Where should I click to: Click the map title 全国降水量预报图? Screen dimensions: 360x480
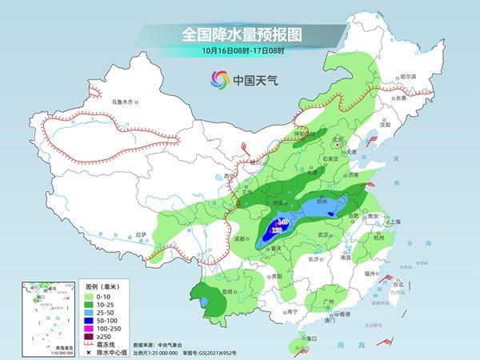[x=239, y=35]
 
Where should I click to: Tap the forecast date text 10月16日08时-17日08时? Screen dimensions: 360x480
[x=239, y=53]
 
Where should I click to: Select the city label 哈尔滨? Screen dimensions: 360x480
[x=408, y=76]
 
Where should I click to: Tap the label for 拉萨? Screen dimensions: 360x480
[x=142, y=234]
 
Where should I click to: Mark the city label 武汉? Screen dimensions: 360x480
[x=324, y=234]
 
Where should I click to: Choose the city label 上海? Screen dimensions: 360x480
[x=393, y=222]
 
